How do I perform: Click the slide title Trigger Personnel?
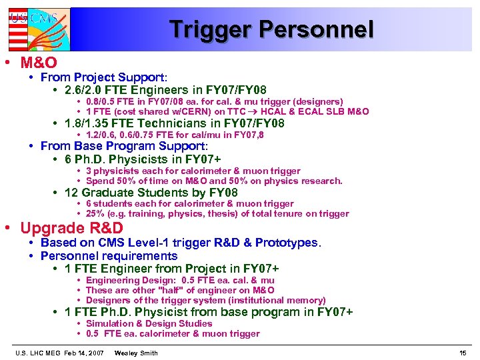pyautogui.click(x=271, y=29)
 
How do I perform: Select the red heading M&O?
pyautogui.click(x=39, y=63)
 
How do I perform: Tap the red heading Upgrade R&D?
pyautogui.click(x=71, y=228)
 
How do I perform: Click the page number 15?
pyautogui.click(x=463, y=352)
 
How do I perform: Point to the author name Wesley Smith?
pyautogui.click(x=136, y=352)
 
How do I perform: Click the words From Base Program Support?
pyautogui.click(x=123, y=145)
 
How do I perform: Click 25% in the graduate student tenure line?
pyautogui.click(x=95, y=214)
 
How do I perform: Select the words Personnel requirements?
pyautogui.click(x=109, y=256)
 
